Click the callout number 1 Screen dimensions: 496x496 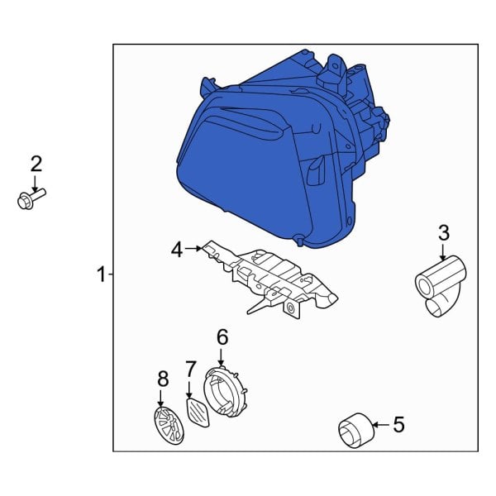tap(101, 274)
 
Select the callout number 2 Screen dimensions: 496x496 tap(36, 163)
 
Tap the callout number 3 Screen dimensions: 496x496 tap(443, 231)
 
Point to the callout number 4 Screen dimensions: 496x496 tap(176, 248)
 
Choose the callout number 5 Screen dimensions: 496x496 tap(398, 426)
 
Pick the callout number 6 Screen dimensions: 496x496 tap(222, 336)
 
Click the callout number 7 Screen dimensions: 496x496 tap(190, 369)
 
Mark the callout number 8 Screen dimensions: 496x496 tap(163, 379)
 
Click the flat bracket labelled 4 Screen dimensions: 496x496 tap(273, 277)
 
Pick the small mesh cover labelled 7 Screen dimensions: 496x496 tap(198, 409)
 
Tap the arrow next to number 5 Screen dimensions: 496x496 tap(379, 426)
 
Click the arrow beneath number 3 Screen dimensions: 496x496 tap(443, 251)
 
